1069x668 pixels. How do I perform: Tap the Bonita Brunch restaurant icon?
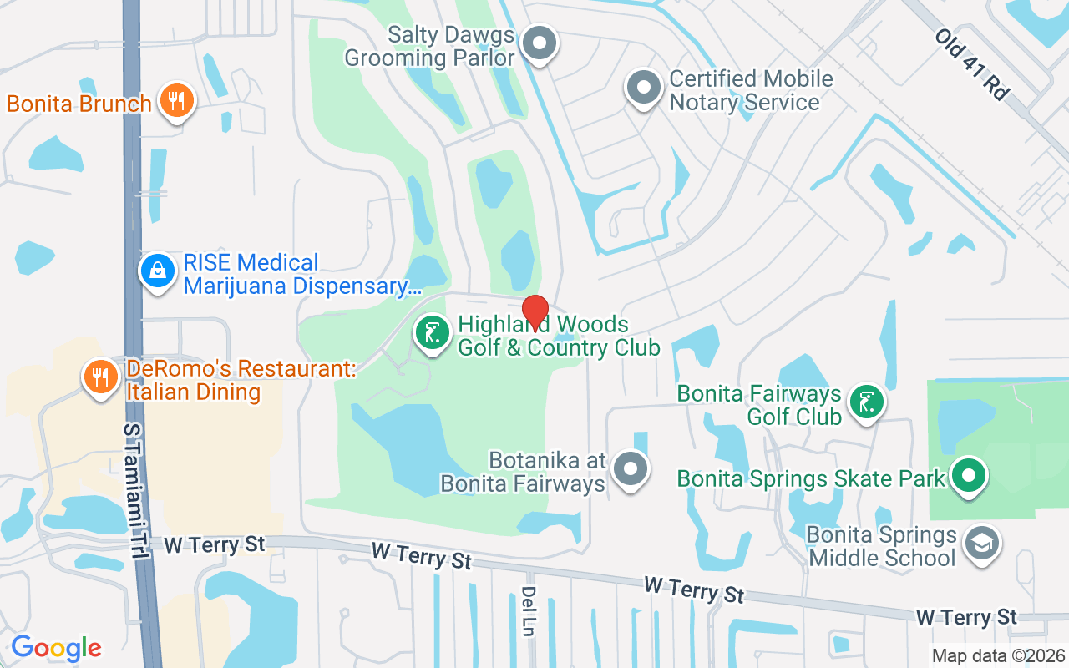[x=175, y=101]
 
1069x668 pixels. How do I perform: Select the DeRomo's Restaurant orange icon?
[x=100, y=377]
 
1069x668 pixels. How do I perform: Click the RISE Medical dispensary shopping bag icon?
[x=157, y=270]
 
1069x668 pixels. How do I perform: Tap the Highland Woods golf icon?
[x=433, y=333]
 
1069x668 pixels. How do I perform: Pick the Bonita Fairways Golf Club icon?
[x=867, y=402]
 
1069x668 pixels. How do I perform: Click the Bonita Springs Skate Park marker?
[x=969, y=477]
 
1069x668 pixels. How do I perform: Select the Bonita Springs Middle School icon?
[x=980, y=544]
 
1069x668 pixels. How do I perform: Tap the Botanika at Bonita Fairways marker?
[x=630, y=469]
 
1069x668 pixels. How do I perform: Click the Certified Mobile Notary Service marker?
[x=644, y=89]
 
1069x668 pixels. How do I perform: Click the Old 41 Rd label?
[x=971, y=64]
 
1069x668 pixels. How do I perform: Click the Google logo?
[x=56, y=648]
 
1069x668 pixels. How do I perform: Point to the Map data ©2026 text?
[x=999, y=655]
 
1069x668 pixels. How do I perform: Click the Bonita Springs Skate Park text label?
[x=810, y=478]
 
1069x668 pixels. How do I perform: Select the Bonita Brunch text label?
[x=79, y=104]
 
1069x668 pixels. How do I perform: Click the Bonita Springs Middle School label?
[x=882, y=546]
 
